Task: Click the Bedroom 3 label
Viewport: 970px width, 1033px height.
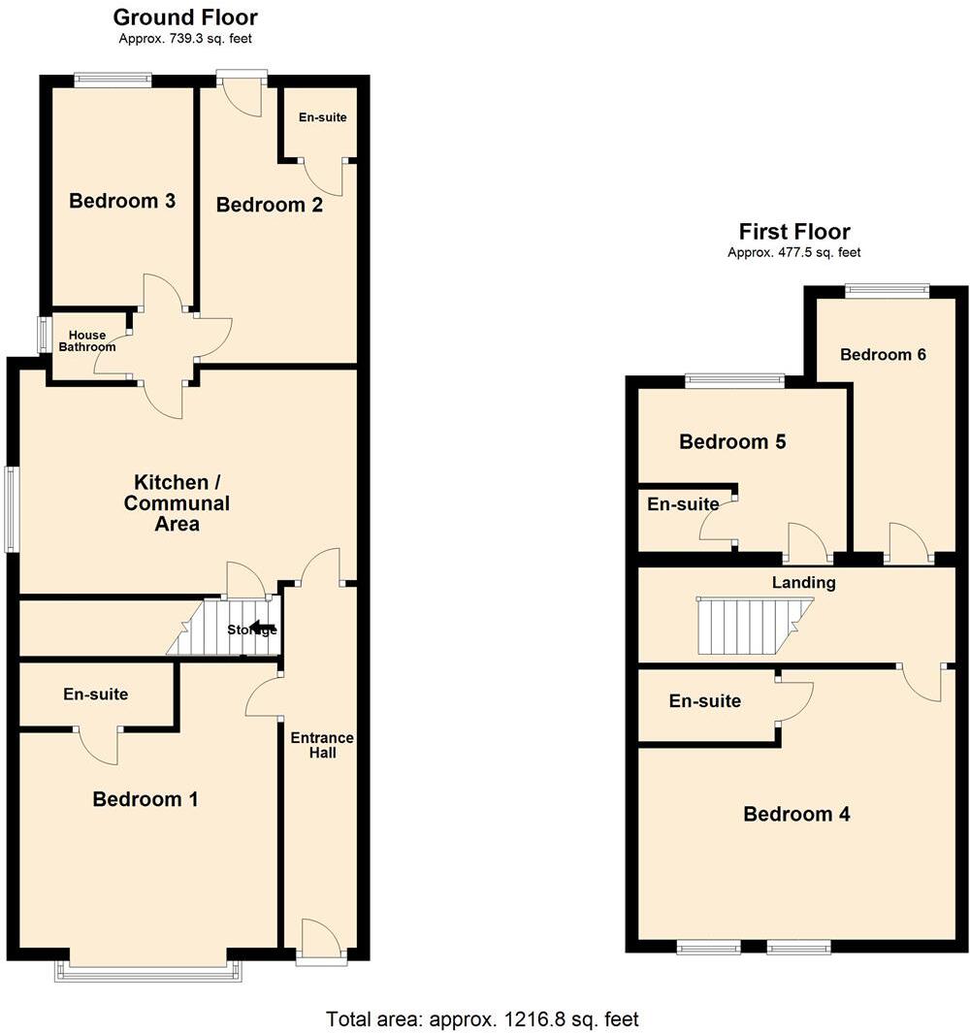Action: [122, 201]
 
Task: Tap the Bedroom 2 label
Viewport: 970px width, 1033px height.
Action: [269, 205]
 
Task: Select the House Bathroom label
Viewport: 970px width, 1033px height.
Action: [86, 340]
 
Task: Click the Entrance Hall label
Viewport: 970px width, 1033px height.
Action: [321, 745]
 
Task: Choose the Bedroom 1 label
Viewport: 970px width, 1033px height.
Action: [145, 799]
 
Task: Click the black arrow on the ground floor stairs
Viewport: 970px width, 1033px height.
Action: [261, 627]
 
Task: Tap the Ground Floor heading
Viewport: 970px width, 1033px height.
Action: [185, 17]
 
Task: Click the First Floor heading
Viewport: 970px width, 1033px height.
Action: [794, 232]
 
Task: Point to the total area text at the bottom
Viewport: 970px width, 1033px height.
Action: [482, 1019]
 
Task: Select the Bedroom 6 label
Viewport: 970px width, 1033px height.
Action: [883, 354]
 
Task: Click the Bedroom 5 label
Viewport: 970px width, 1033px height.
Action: [732, 442]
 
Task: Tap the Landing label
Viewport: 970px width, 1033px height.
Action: [803, 583]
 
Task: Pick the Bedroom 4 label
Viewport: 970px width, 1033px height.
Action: [796, 814]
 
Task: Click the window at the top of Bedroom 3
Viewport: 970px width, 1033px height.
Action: [113, 81]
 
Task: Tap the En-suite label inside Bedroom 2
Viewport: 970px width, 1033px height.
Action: [322, 118]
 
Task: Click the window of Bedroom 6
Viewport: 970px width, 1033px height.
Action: [887, 288]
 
